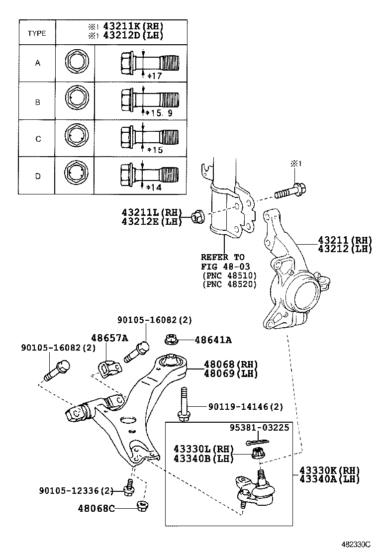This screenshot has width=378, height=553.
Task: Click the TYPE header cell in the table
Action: (x=37, y=33)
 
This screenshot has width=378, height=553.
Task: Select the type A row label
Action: (x=37, y=63)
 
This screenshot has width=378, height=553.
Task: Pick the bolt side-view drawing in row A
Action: (x=149, y=63)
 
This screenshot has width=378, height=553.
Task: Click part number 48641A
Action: (x=213, y=340)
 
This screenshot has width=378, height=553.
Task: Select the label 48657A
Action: (x=109, y=338)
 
